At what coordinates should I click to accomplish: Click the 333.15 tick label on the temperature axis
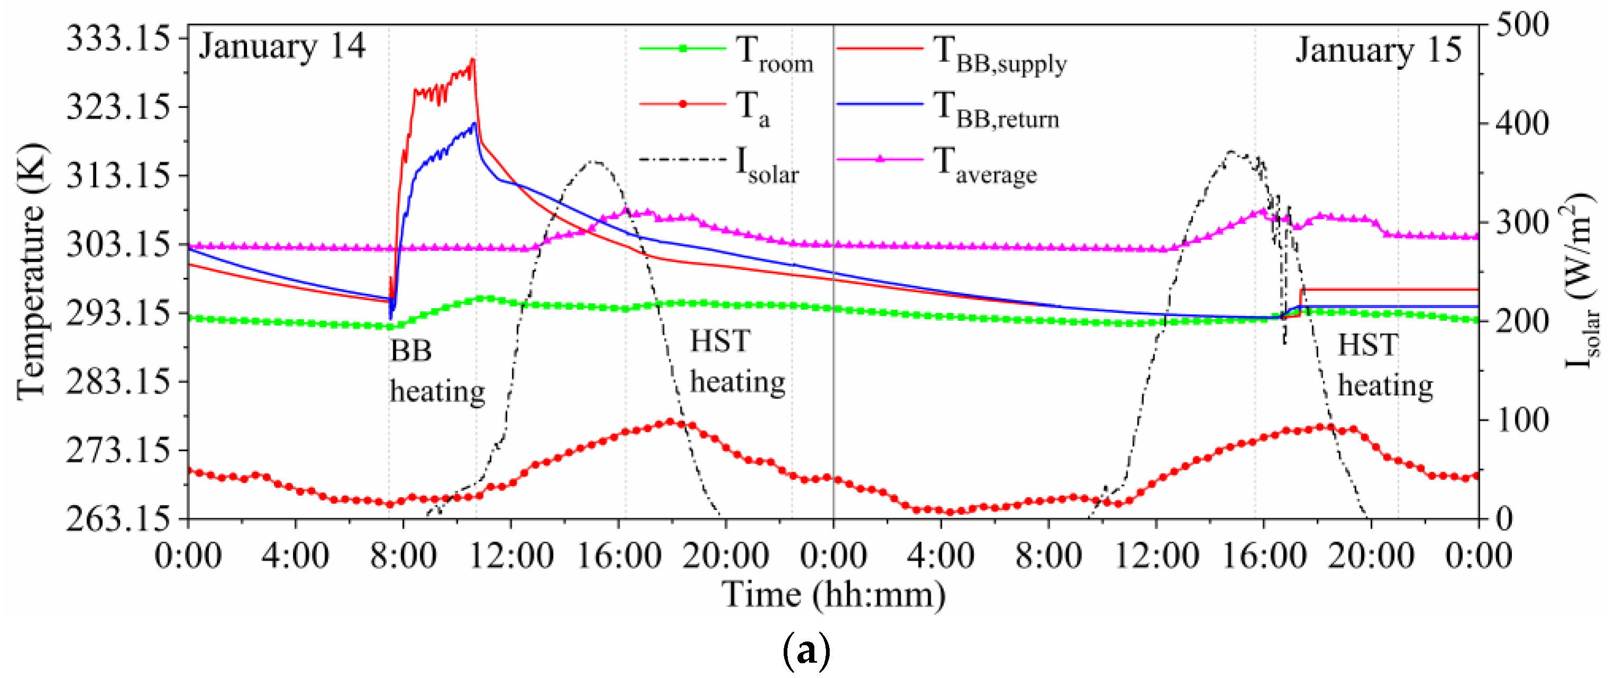[117, 38]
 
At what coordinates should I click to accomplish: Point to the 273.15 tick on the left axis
[117, 450]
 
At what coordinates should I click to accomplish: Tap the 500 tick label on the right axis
[1521, 25]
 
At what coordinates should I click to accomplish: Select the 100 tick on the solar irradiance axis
[1521, 420]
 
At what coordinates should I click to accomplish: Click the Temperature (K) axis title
[31, 271]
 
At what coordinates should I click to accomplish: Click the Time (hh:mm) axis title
[833, 594]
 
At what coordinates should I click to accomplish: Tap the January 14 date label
[282, 47]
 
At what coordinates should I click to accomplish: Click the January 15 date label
[1378, 50]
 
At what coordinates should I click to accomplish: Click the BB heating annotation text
[437, 371]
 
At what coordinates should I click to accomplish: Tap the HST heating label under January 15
[1384, 366]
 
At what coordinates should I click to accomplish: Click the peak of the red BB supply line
[473, 60]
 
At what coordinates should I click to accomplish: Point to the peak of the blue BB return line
[474, 124]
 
